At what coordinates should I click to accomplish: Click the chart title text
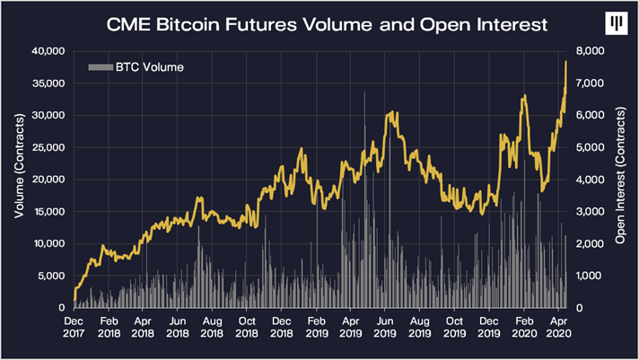(326, 24)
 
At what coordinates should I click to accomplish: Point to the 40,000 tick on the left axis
(47, 51)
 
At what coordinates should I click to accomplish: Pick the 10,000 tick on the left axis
(47, 243)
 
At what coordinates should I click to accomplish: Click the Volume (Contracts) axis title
(18, 179)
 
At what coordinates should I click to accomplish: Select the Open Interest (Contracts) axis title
(621, 179)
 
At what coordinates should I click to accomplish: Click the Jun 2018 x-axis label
(178, 324)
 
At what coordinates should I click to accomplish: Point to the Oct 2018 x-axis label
(247, 324)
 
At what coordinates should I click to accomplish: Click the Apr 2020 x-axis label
(558, 324)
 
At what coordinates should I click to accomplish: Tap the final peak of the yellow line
(566, 60)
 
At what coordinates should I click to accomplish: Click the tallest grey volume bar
(364, 92)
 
